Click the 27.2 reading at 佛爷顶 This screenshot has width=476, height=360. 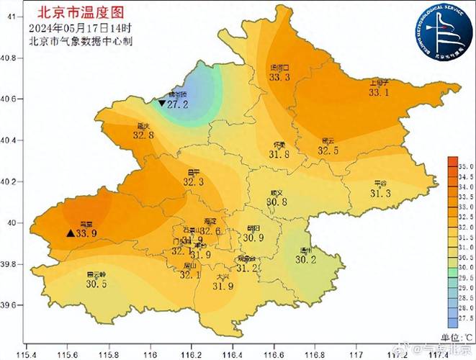(x=177, y=104)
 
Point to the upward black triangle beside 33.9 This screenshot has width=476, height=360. (x=70, y=233)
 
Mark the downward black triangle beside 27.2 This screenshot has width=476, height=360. (x=161, y=104)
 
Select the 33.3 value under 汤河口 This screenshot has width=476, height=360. (x=279, y=77)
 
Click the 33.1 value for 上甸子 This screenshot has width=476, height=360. (x=379, y=92)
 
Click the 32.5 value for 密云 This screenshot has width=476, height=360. (x=328, y=150)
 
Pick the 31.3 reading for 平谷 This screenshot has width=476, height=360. (x=380, y=193)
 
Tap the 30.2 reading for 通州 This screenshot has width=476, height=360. (x=307, y=260)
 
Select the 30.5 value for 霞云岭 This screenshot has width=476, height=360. (x=96, y=284)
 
